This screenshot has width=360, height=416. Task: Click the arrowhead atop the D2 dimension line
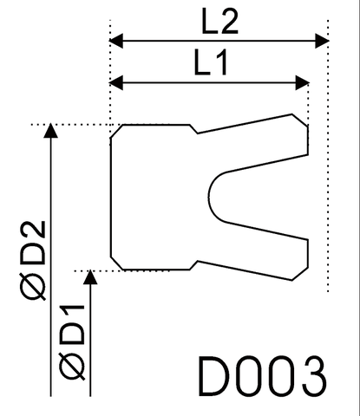pos(51,132)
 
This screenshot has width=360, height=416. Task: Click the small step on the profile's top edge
pos(195,130)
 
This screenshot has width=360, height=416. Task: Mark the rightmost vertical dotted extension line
pos(326,173)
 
